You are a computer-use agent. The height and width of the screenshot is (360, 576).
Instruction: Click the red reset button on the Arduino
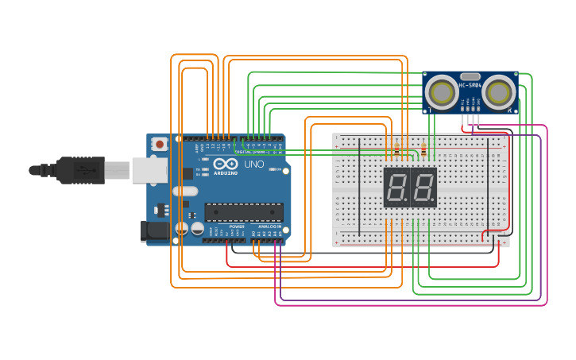160,145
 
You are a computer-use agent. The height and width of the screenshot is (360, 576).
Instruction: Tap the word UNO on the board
253,165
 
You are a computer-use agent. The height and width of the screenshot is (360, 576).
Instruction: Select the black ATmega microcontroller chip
243,211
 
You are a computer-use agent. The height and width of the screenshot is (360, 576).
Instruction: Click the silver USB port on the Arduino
143,170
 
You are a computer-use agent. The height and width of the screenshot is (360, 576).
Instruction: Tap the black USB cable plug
79,170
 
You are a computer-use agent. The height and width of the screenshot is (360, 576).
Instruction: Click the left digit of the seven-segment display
396,188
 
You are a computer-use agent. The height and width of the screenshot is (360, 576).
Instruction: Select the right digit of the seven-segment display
423,188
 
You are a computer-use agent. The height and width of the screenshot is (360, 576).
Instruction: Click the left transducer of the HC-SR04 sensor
440,92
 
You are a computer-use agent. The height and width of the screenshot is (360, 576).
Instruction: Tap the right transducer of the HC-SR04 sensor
497,92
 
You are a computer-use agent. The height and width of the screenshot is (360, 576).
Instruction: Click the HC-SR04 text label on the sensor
470,84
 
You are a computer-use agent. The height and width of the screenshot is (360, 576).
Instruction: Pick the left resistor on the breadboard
396,150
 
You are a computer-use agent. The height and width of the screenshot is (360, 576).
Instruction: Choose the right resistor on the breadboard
423,150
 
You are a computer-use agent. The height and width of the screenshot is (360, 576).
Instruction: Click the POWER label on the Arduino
237,226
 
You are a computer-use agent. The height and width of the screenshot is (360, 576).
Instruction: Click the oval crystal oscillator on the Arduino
184,191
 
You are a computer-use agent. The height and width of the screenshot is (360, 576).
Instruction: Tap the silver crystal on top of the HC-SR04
469,75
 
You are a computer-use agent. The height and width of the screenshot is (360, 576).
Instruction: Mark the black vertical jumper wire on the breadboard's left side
359,187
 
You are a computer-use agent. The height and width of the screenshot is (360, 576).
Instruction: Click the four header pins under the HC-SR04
470,119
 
